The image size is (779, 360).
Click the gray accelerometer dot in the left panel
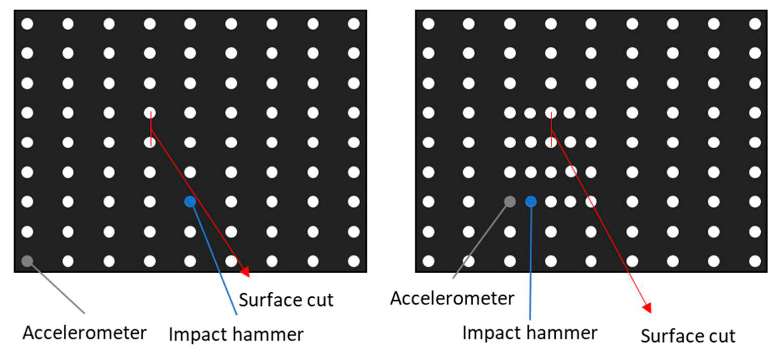[x=27, y=261]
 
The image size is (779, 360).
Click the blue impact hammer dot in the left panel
[x=190, y=202]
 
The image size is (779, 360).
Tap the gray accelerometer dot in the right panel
[x=510, y=201]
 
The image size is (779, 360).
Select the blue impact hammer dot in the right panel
[x=531, y=202]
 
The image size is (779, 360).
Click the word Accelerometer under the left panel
[x=85, y=333]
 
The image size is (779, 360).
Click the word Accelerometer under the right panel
[x=452, y=298]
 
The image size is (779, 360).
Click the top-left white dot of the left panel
[x=27, y=24]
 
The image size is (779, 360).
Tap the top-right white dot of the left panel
[x=353, y=24]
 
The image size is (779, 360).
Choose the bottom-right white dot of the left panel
[x=353, y=261]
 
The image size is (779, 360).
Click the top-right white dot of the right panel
[x=755, y=24]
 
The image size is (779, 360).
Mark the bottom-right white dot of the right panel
[x=755, y=261]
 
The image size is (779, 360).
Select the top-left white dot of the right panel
[x=428, y=24]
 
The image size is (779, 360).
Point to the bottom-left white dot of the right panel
[x=428, y=261]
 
